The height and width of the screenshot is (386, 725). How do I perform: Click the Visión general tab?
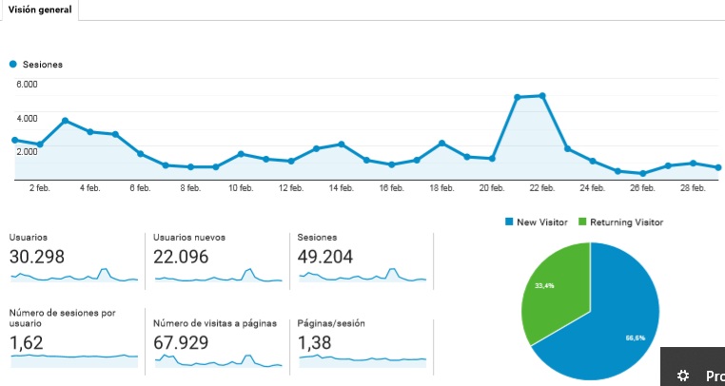[40, 10]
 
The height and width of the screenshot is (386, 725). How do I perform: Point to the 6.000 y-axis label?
[27, 85]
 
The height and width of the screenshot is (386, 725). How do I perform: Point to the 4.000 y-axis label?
[27, 118]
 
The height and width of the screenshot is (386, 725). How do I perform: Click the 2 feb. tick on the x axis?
[39, 188]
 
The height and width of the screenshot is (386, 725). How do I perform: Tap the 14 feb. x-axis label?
[341, 188]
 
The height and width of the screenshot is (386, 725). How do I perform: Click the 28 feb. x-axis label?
[693, 188]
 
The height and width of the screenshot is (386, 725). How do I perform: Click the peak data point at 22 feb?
[541, 95]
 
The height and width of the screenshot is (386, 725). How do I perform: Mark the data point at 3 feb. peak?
[65, 121]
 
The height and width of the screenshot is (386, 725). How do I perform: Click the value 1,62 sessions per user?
[27, 341]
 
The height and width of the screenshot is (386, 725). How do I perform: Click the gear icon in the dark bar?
[682, 376]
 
